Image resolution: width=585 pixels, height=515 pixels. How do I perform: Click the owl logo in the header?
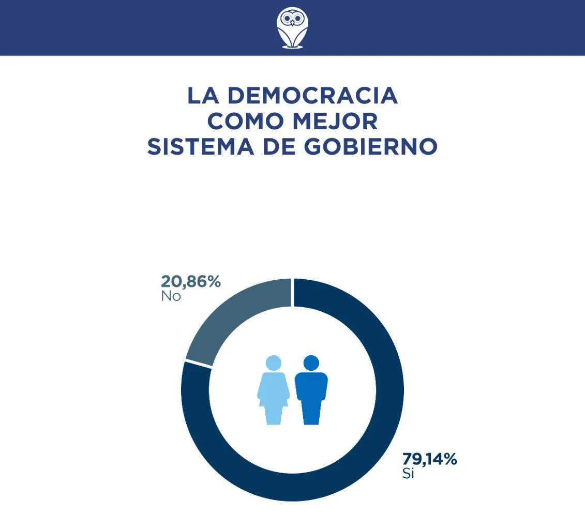(292, 28)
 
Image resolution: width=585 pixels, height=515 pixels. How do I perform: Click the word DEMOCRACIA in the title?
(312, 96)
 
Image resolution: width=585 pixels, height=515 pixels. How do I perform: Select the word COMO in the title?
(245, 121)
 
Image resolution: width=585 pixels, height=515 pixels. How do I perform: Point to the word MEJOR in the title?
(335, 121)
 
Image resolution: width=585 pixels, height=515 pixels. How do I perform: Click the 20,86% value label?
(191, 282)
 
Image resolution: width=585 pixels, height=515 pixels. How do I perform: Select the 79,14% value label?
(429, 459)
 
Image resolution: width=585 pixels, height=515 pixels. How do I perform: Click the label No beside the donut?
(171, 297)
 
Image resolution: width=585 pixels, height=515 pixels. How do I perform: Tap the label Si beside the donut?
(408, 474)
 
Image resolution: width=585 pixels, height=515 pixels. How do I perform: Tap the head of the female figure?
(273, 362)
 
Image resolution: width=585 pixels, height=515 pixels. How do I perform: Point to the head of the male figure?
(311, 362)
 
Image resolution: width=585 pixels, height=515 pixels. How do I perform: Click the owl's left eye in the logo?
(287, 19)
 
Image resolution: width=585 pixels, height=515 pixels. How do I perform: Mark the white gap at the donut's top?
(293, 292)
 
